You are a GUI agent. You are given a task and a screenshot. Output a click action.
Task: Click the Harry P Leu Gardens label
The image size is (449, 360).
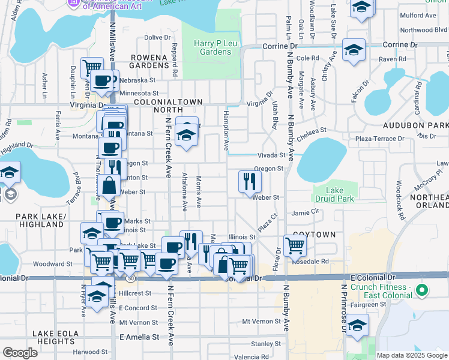pos(212,47)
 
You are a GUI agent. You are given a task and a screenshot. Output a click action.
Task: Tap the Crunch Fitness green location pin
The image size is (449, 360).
pos(422,291)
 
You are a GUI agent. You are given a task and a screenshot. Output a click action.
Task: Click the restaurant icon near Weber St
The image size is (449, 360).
pos(250,181)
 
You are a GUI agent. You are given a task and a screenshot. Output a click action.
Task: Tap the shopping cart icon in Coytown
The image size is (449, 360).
pos(295,245)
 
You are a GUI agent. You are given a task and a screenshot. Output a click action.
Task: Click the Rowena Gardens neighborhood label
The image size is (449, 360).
pos(149,61)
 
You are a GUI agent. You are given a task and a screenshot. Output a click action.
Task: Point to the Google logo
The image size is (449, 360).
pos(20,352)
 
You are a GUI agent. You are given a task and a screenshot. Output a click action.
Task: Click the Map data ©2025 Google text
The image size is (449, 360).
pos(411,355)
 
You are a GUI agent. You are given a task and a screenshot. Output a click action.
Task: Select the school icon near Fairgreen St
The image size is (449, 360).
pos(357,326)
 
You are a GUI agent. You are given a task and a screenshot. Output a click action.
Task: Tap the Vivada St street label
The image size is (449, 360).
pos(271,155)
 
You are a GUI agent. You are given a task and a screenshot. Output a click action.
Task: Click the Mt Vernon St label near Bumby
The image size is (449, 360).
pos(262,322)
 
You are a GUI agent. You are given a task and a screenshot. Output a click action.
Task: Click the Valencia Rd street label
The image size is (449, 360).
pos(253,357)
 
